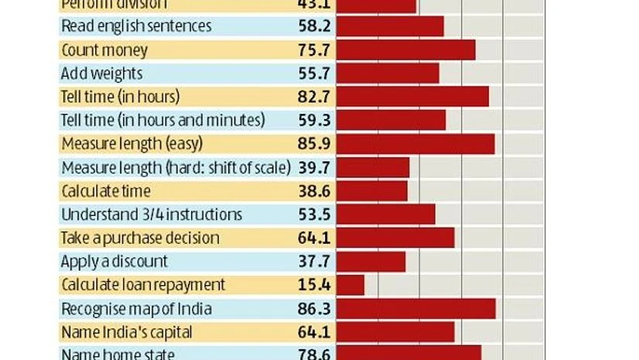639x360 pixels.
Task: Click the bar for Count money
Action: tap(405, 50)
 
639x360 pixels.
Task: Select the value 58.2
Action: tap(314, 26)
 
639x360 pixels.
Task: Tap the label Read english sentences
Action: tap(135, 26)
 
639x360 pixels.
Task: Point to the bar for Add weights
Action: tap(388, 74)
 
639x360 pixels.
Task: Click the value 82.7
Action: tap(314, 97)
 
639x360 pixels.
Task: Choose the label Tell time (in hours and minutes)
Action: tap(162, 121)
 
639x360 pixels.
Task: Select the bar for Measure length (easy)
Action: tap(415, 144)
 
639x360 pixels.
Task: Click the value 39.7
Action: tap(314, 167)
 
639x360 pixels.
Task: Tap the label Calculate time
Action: tap(105, 191)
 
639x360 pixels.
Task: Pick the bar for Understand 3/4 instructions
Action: tap(386, 214)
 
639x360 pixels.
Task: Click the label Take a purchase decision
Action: tap(140, 238)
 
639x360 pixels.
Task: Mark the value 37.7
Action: tap(314, 262)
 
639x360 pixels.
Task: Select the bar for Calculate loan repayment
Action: tap(350, 285)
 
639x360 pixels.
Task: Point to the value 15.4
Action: tap(314, 285)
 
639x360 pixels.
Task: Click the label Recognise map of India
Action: tap(136, 309)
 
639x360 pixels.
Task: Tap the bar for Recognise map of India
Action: tap(416, 309)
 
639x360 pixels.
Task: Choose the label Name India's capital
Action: tap(126, 332)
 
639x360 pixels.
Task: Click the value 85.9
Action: tap(314, 144)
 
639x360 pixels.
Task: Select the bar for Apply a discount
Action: tap(371, 262)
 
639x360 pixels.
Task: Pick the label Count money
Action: tap(104, 50)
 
